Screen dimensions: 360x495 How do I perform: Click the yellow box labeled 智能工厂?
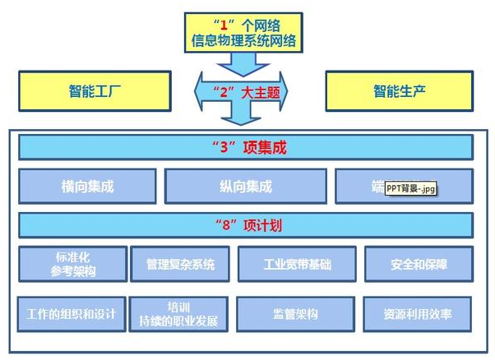pyautogui.click(x=95, y=90)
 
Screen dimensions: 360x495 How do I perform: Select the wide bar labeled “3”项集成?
pyautogui.click(x=245, y=148)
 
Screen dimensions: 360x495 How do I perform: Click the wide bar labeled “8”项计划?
pyautogui.click(x=245, y=225)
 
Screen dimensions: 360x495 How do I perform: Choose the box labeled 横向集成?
pyautogui.click(x=88, y=187)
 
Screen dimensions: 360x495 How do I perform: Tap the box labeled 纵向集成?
pyautogui.click(x=245, y=187)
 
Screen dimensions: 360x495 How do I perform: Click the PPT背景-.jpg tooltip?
pyautogui.click(x=410, y=189)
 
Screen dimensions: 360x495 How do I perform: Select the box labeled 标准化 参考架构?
pyautogui.click(x=72, y=264)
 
